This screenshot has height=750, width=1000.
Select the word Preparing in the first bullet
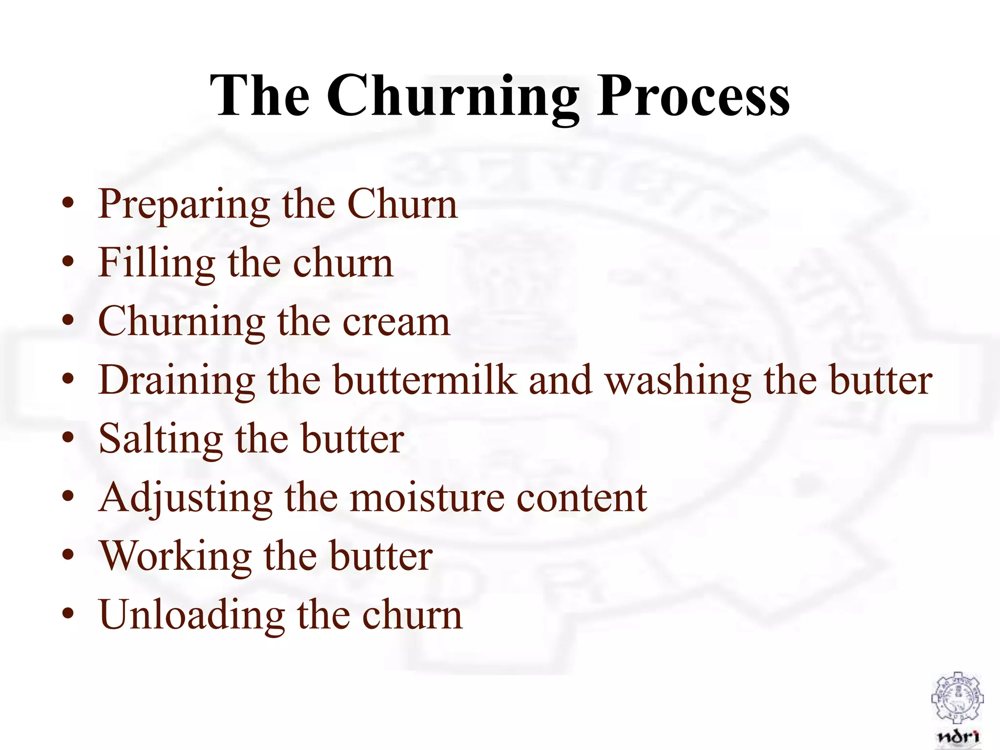pyautogui.click(x=184, y=205)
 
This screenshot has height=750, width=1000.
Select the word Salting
pyautogui.click(x=161, y=439)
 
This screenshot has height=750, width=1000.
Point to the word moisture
pyautogui.click(x=428, y=498)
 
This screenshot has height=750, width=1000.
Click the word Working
pyautogui.click(x=175, y=557)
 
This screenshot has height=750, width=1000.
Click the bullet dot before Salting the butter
pyautogui.click(x=68, y=437)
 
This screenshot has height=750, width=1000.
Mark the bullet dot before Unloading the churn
pyautogui.click(x=68, y=613)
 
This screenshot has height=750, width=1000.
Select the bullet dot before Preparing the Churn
pyautogui.click(x=68, y=202)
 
